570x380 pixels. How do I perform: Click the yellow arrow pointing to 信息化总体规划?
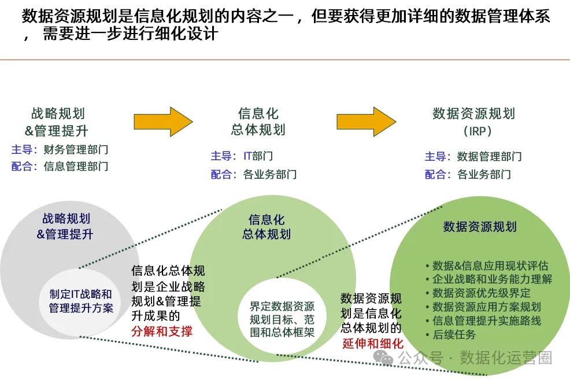(x=163, y=122)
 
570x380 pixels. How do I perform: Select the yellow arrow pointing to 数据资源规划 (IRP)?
(x=366, y=122)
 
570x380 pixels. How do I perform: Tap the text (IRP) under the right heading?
(x=478, y=131)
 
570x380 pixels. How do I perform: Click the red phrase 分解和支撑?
(x=162, y=331)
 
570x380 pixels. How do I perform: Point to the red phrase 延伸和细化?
(x=373, y=344)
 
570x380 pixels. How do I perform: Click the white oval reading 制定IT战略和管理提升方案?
(x=80, y=302)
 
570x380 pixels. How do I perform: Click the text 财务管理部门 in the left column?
(x=76, y=149)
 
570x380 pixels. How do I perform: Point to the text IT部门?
(x=258, y=156)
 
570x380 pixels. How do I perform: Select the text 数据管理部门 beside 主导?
(x=489, y=156)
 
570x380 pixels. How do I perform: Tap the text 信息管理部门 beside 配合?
(x=76, y=166)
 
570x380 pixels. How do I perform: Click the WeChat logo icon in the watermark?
(x=383, y=358)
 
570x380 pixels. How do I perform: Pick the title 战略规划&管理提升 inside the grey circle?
(x=65, y=226)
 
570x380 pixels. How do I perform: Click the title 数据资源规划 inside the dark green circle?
(x=480, y=227)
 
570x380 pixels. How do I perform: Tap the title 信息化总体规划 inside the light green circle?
(x=267, y=227)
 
